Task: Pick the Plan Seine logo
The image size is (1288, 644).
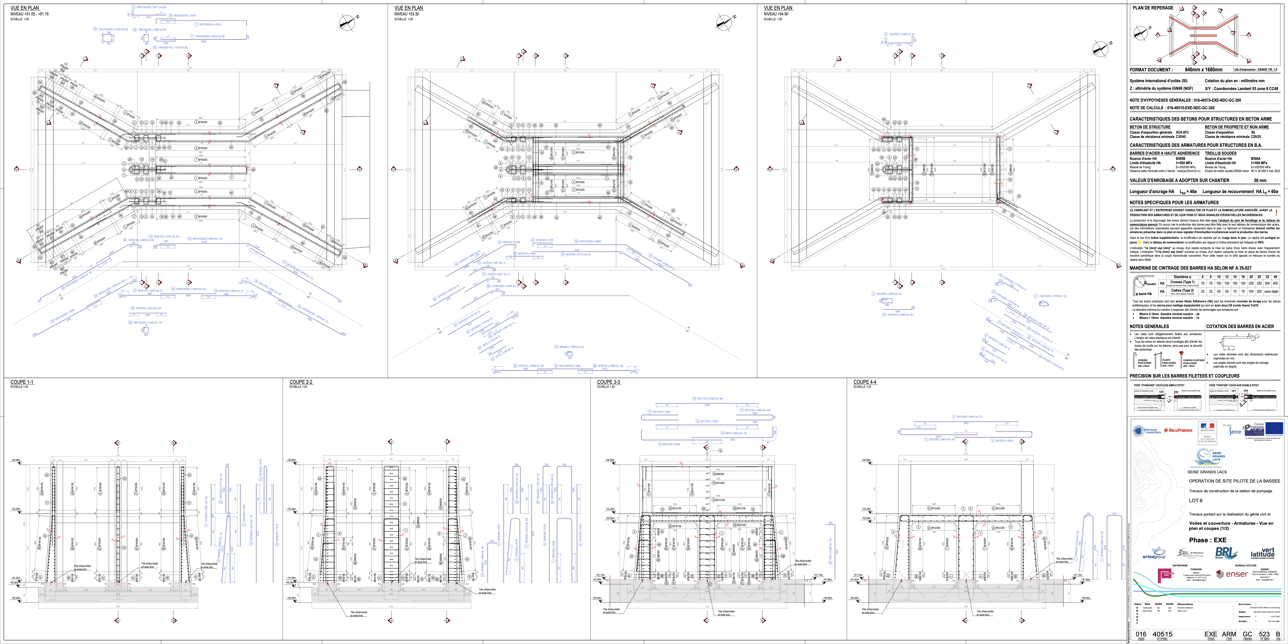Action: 1231,430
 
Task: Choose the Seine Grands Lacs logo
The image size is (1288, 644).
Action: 1207,457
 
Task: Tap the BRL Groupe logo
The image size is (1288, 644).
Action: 1226,553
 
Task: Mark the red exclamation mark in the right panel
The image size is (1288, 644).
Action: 1276,213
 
